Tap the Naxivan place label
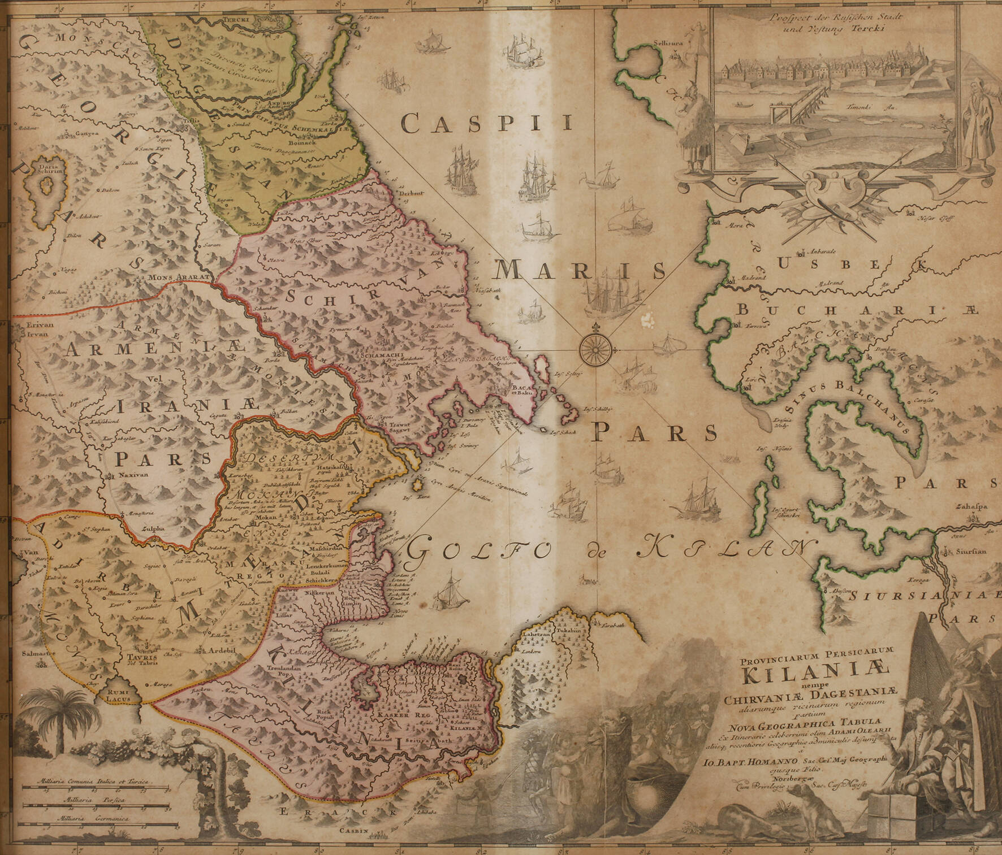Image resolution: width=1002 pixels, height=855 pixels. coord(133,475)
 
